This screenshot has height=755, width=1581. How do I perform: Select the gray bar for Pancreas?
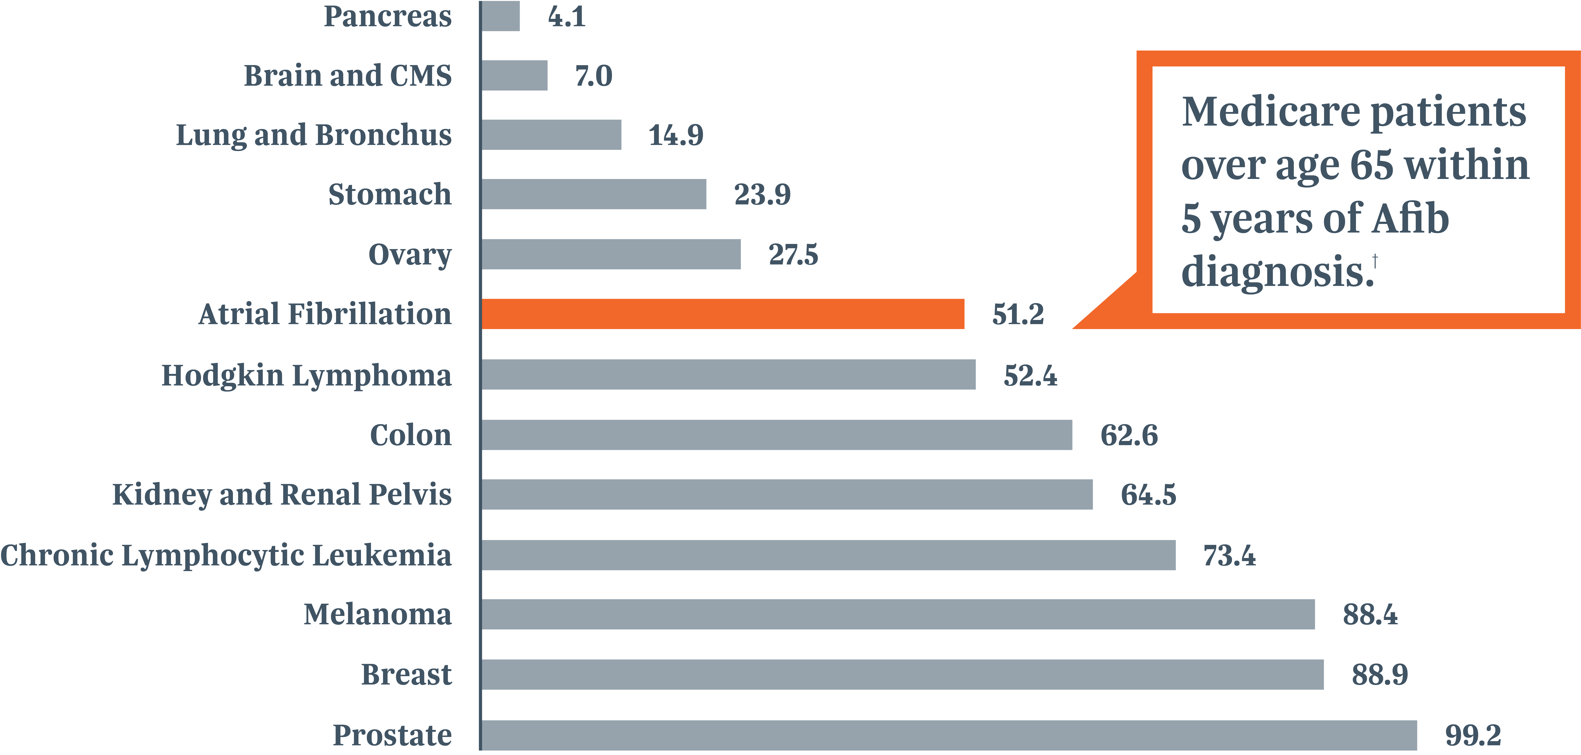click(500, 16)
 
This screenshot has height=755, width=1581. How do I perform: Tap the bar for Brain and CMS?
click(514, 75)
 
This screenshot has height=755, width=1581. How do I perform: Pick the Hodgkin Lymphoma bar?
click(729, 374)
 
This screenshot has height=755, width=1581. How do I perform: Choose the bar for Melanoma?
click(898, 615)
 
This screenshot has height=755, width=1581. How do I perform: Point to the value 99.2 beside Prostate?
click(1473, 735)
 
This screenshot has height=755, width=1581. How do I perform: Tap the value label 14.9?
click(676, 135)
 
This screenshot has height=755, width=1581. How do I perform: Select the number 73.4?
click(1229, 556)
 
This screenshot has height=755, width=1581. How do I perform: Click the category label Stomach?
click(390, 194)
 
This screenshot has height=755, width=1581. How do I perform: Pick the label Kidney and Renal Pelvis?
click(282, 494)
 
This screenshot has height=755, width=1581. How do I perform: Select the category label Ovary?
click(410, 255)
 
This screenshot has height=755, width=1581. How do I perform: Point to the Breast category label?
click(406, 675)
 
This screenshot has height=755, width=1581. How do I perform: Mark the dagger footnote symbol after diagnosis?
click(1375, 261)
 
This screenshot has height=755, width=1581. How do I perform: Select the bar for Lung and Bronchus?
click(551, 135)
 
